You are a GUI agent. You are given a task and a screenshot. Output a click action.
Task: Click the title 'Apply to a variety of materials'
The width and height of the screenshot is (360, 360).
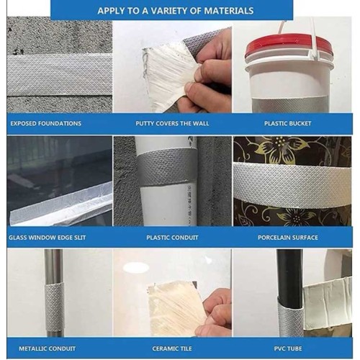click(176, 11)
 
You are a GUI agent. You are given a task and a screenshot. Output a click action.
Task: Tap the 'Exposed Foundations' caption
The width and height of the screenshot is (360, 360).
click(46, 124)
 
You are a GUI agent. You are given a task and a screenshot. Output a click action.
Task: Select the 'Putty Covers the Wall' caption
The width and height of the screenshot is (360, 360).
click(172, 124)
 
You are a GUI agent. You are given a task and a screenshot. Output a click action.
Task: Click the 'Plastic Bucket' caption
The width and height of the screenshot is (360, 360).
click(288, 124)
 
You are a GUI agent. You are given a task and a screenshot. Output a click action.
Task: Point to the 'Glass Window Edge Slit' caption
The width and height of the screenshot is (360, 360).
click(48, 238)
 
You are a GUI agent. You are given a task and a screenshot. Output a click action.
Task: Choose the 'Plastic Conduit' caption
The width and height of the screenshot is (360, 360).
click(172, 238)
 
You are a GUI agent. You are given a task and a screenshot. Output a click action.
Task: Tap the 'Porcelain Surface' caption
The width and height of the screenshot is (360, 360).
click(288, 238)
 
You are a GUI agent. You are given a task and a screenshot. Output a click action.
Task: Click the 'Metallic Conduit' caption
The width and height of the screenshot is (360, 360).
click(47, 348)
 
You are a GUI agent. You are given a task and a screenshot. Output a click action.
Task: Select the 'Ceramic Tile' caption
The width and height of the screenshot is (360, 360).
click(172, 348)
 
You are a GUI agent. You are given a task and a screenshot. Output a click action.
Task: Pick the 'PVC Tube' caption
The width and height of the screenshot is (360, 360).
click(288, 348)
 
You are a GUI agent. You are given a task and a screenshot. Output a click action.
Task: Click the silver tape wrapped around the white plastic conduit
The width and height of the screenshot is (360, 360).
click(166, 168)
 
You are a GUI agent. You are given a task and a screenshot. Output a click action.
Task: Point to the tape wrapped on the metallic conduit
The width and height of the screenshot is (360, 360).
click(55, 307)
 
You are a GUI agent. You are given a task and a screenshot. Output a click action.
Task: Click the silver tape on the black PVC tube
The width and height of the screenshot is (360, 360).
click(291, 317)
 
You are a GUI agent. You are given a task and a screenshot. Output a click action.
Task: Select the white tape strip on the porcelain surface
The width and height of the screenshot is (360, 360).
click(292, 184)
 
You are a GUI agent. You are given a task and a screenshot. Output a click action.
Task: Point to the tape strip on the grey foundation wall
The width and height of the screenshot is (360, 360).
click(60, 74)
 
